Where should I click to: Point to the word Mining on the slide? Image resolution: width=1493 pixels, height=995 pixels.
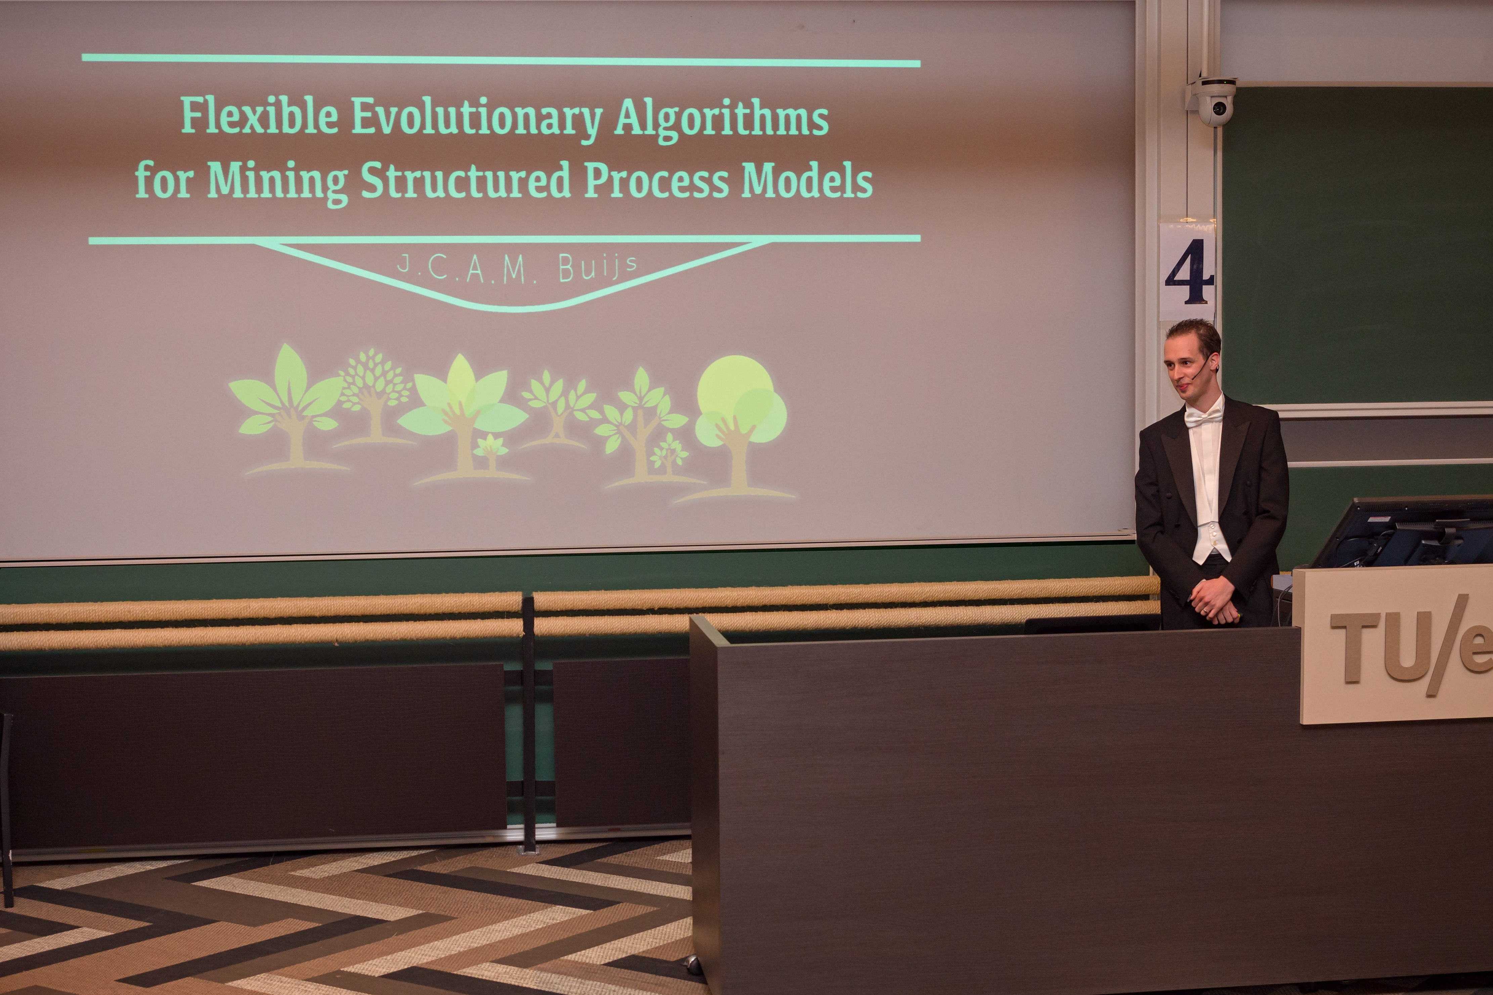(x=277, y=181)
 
